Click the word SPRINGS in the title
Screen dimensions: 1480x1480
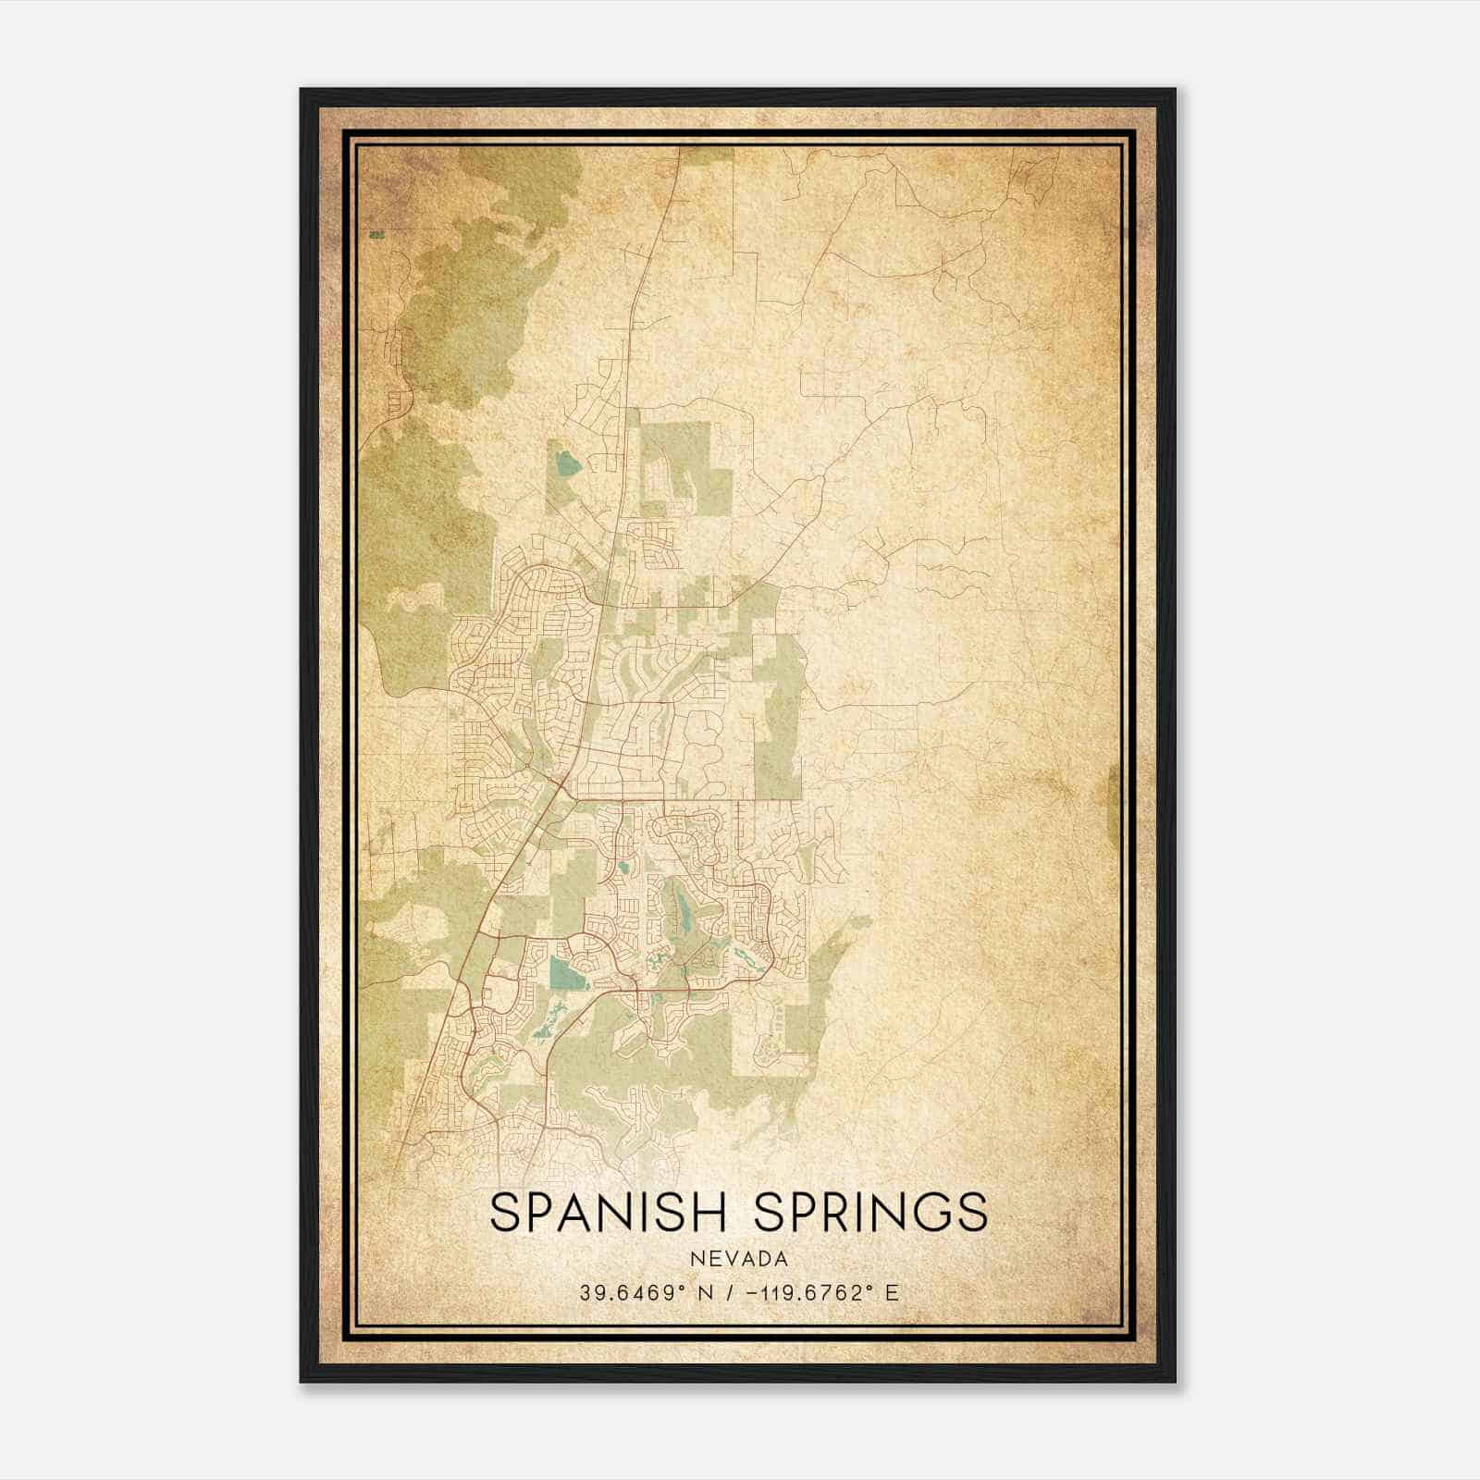(870, 1212)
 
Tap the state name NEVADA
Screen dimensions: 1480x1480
(738, 1259)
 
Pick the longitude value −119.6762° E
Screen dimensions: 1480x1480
(814, 1293)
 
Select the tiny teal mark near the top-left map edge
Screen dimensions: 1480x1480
(375, 235)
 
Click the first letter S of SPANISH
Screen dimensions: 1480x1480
(505, 1212)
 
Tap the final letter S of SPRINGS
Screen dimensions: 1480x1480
(972, 1212)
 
